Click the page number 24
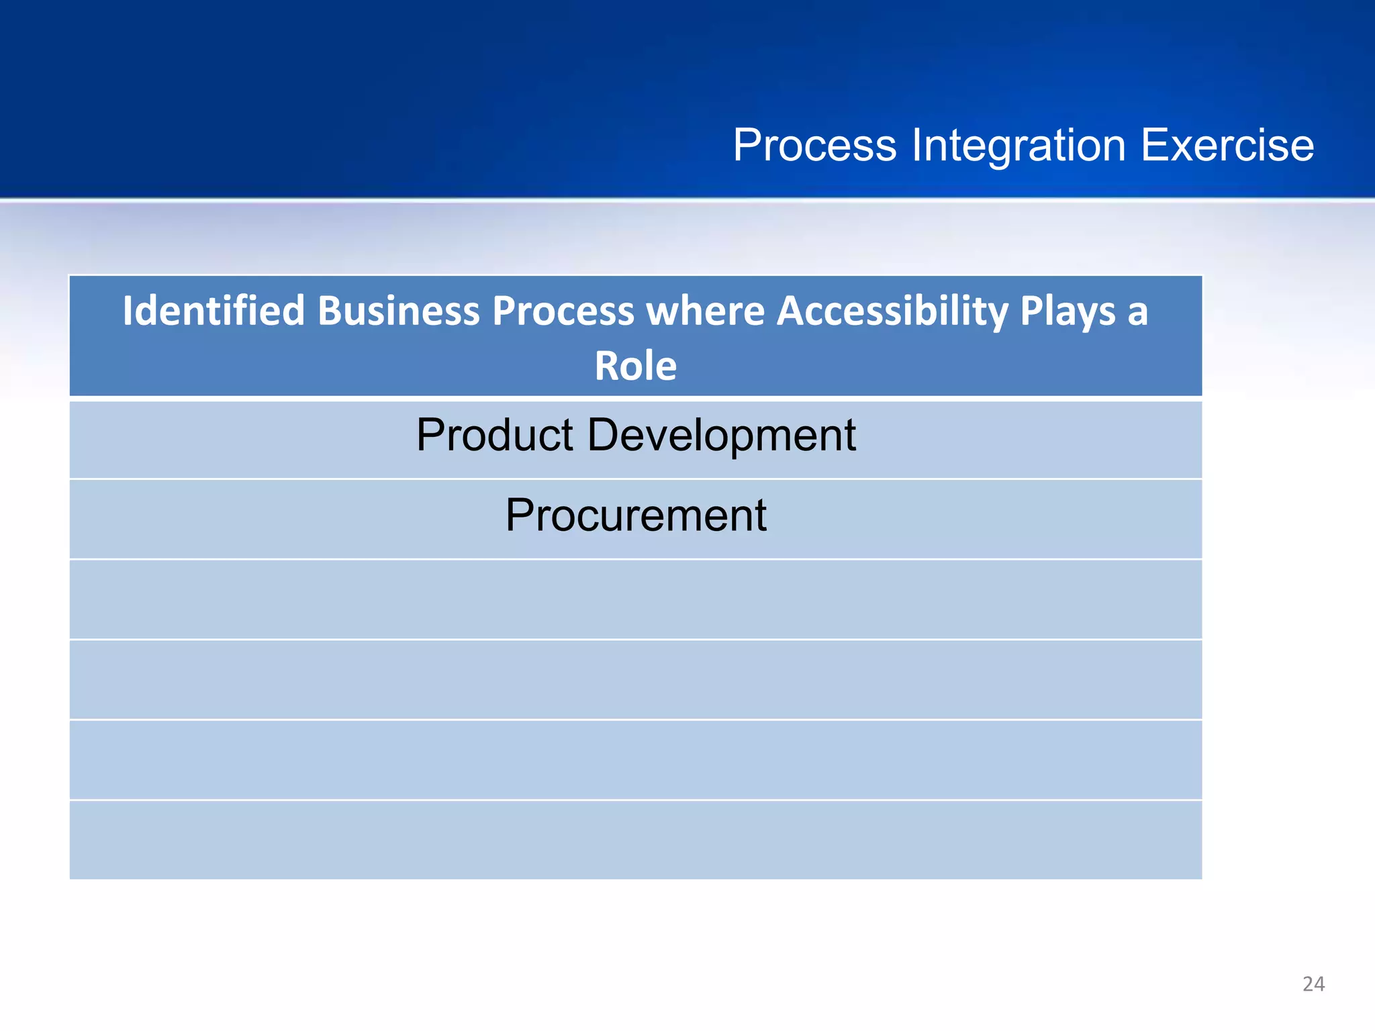tap(1313, 984)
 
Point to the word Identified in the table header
tap(214, 311)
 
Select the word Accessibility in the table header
tap(894, 311)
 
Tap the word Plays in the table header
tap(1067, 312)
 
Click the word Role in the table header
tap(635, 366)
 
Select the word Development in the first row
tap(721, 435)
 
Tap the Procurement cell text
tap(635, 515)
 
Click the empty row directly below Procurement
tap(635, 599)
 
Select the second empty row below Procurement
tap(635, 679)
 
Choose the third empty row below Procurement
tap(635, 759)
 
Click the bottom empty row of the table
tap(635, 840)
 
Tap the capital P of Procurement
tap(520, 515)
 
